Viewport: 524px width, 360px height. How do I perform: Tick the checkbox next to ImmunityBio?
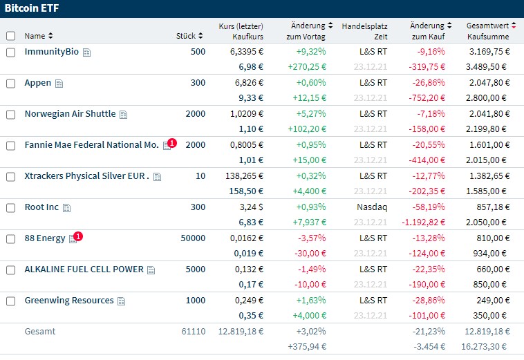point(10,53)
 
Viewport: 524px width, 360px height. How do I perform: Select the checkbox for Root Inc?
point(10,208)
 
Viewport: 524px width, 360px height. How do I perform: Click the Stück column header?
point(189,36)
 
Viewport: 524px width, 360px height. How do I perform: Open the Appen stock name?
point(37,83)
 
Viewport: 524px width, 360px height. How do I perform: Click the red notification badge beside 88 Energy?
point(78,236)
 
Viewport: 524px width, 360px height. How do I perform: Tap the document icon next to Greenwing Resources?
point(121,301)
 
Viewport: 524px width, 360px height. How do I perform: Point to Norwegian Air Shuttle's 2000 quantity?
point(195,114)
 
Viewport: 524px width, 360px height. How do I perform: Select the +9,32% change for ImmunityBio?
point(311,52)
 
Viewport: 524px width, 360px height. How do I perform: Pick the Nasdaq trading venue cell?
point(372,207)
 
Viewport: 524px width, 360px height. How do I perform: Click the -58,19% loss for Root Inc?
point(430,207)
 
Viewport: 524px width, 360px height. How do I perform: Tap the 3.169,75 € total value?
point(488,52)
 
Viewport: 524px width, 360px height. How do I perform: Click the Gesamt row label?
point(39,332)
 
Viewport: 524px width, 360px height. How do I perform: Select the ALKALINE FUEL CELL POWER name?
point(84,269)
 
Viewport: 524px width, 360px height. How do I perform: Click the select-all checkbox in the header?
point(10,36)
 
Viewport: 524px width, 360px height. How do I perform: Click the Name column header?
point(38,36)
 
